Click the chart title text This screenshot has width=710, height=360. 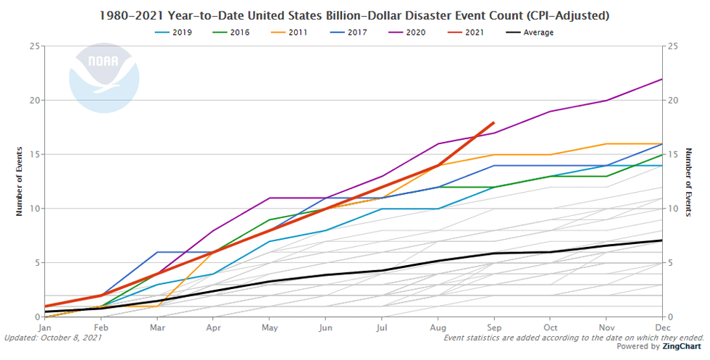click(355, 15)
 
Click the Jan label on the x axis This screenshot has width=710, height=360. click(45, 327)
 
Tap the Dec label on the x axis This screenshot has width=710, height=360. click(662, 327)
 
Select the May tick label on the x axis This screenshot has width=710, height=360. click(269, 327)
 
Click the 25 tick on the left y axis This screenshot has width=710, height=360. click(35, 46)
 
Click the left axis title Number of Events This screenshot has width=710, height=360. click(20, 182)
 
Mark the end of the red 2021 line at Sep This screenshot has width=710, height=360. click(493, 122)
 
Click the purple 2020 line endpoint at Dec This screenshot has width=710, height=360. click(662, 79)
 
